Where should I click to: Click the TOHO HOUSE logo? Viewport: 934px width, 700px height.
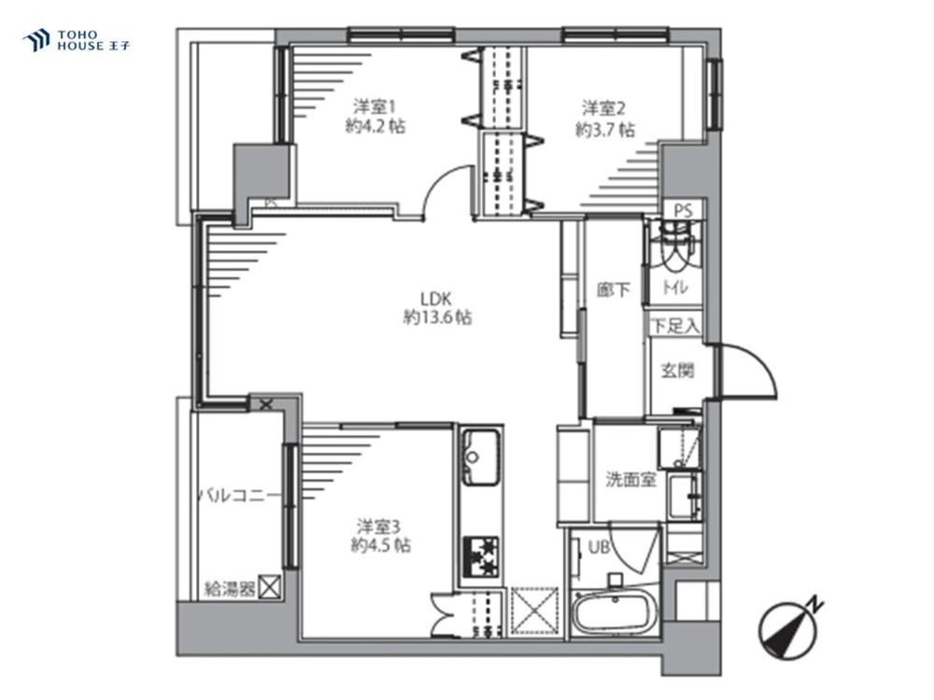[x=76, y=40]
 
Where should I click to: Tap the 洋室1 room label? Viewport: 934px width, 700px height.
[x=375, y=107]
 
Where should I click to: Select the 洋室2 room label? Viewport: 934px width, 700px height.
[x=603, y=109]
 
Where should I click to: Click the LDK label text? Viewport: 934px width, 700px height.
[x=436, y=298]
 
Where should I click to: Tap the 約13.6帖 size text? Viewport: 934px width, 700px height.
[x=438, y=317]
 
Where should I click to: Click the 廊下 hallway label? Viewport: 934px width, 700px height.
[x=614, y=289]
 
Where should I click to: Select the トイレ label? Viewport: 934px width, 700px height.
[x=675, y=287]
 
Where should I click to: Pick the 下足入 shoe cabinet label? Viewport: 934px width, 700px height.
[x=675, y=326]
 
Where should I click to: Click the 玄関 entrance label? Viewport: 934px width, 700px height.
[x=678, y=371]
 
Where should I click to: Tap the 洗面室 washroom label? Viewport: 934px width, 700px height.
[x=630, y=479]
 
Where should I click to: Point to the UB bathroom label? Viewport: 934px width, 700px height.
[x=599, y=546]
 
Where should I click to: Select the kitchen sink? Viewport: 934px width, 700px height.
[x=481, y=456]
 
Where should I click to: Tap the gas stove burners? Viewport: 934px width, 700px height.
[x=481, y=557]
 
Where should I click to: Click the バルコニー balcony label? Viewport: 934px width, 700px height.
[x=238, y=495]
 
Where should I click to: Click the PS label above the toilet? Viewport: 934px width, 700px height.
[x=684, y=211]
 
